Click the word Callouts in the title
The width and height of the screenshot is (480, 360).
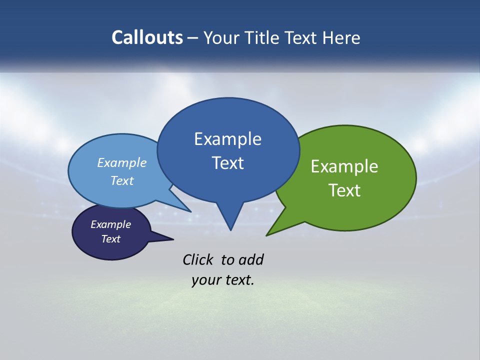147,37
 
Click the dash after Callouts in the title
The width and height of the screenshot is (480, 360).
193,38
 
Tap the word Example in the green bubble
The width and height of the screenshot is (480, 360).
344,166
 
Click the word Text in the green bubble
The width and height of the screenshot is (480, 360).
344,190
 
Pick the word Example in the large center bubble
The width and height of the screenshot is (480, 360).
227,139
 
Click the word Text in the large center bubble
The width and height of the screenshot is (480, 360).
227,163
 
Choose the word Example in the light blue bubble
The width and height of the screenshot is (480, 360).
121,162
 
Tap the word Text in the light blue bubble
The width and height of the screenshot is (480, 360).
121,180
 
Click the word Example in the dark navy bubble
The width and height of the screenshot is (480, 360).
110,224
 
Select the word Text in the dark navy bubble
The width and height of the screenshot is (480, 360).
110,239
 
